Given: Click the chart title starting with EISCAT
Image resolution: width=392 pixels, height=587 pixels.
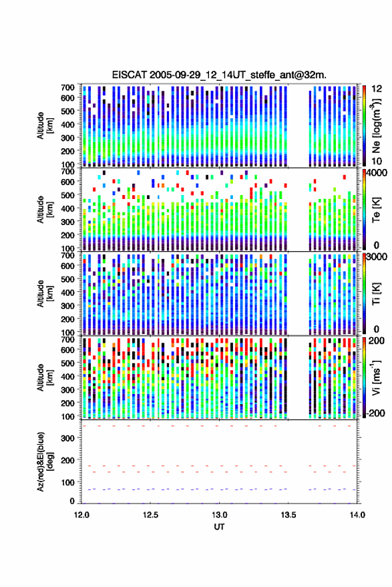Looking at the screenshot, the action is pos(219,75).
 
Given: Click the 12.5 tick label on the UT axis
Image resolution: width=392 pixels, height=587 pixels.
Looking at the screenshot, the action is pos(150,515).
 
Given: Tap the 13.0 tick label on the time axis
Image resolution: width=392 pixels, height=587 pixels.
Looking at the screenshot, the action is pos(220,515).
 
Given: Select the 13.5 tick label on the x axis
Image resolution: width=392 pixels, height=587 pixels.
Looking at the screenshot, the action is pos(288,515).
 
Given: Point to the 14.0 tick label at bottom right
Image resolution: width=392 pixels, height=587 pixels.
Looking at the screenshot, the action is pos(357,515).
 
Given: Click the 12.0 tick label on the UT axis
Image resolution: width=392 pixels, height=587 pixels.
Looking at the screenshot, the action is pos(81,515).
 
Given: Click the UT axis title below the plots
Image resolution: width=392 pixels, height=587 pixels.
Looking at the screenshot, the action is pos(219,527).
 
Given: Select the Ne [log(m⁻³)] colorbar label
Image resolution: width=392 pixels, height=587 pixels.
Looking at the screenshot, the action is pos(376,126).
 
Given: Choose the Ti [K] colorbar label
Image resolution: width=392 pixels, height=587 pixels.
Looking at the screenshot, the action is pos(376,294).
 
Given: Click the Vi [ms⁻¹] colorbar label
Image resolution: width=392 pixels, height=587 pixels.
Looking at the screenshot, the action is pos(376,377).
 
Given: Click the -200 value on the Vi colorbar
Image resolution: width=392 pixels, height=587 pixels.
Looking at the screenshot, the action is pos(375,413).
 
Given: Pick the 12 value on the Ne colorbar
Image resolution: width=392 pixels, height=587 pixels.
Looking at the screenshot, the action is pos(377,89).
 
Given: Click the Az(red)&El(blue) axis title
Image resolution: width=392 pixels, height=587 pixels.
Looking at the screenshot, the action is pos(44,461).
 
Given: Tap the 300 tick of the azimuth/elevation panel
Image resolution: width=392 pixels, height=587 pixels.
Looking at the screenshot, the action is pos(67,438).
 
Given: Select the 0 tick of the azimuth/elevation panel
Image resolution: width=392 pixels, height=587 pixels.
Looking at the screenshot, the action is pos(72,501).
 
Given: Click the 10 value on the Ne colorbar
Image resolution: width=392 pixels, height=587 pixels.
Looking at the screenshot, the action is pos(377,162).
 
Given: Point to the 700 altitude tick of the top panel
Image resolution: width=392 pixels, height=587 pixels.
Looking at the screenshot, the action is pos(67,87).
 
